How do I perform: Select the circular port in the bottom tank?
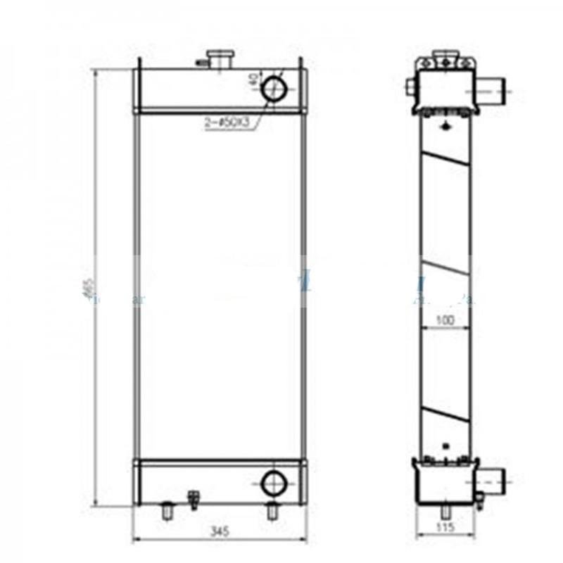pos(273,483)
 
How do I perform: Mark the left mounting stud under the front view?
pos(167,511)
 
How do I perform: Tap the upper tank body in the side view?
pos(445,88)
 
